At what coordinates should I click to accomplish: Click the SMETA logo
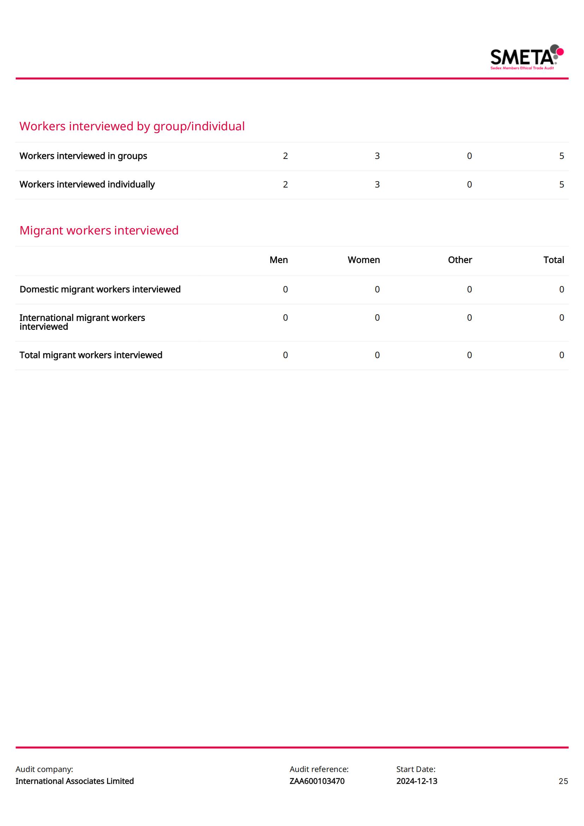pos(526,57)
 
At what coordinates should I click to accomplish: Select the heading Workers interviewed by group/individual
pos(132,126)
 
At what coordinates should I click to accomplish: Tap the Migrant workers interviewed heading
pos(99,230)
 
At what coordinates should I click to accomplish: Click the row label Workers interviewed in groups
pos(83,156)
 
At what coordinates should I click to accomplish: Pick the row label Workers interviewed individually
pos(87,184)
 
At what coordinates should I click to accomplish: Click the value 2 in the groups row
pos(285,156)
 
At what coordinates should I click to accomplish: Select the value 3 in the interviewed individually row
pos(377,184)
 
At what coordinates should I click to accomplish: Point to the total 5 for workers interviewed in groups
pos(561,156)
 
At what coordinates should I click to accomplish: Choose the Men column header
pos(278,260)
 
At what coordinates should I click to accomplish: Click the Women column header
pos(364,260)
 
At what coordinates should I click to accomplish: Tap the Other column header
pos(460,260)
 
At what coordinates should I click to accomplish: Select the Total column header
pos(553,260)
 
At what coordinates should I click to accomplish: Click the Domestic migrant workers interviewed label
pos(100,289)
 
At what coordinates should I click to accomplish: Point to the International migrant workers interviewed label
pos(82,322)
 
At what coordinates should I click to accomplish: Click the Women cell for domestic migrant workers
pos(377,289)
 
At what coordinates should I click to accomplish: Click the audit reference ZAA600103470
pos(317,781)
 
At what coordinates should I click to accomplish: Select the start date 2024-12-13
pos(417,781)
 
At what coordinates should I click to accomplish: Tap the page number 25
pos(563,781)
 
